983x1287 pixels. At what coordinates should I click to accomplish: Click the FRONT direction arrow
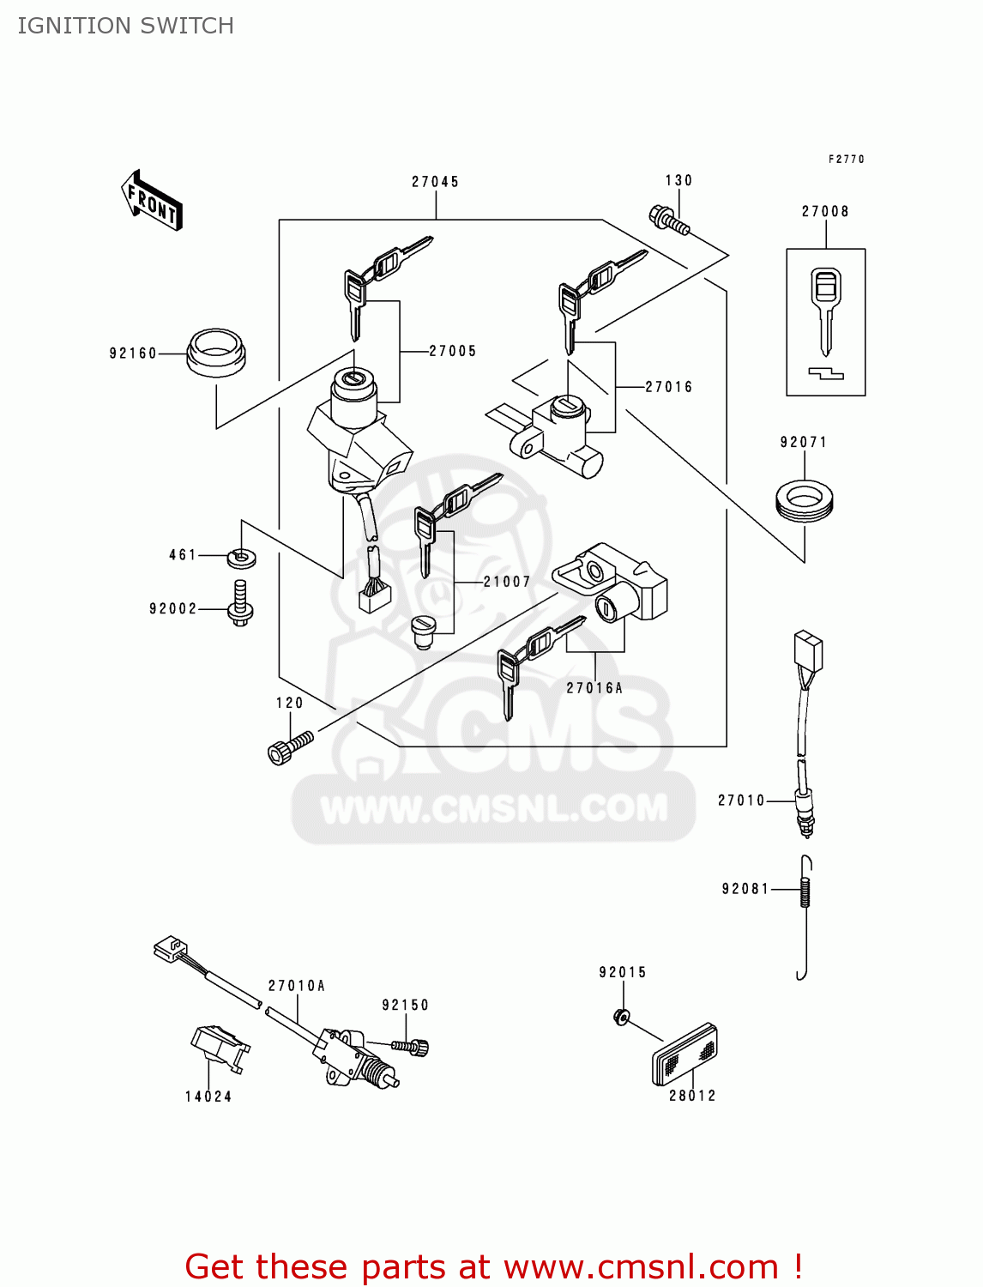click(152, 201)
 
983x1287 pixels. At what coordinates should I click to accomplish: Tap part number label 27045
click(435, 182)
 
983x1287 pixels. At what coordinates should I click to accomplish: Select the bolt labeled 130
click(669, 220)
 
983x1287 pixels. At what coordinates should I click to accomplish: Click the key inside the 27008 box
click(825, 309)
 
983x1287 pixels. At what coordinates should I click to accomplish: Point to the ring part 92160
click(216, 352)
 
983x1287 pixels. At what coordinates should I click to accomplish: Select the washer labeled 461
click(243, 558)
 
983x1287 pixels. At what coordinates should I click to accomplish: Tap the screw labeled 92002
click(240, 603)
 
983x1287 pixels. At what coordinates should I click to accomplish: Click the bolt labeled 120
click(290, 746)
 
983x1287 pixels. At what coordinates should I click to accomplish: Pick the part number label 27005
click(452, 351)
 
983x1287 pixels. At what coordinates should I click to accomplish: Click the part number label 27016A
click(594, 688)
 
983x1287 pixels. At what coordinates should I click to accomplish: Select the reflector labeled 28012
click(684, 1055)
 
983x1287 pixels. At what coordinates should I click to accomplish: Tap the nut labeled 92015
click(622, 1017)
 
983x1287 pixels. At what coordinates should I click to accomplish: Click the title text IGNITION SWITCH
click(125, 26)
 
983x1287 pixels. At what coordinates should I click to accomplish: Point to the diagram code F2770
click(846, 160)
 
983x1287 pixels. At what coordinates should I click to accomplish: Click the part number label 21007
click(506, 582)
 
